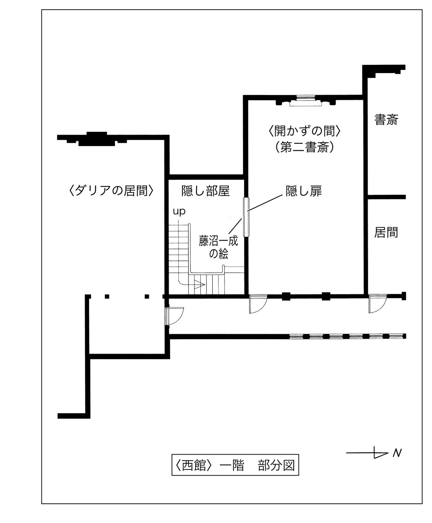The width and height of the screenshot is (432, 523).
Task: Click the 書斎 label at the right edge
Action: [386, 120]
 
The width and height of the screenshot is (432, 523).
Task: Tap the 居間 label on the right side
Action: [386, 232]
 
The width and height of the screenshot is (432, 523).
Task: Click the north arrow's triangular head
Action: [380, 453]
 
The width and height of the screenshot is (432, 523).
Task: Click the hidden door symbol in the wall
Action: [246, 217]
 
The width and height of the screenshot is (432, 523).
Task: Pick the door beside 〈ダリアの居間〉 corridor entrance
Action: [174, 316]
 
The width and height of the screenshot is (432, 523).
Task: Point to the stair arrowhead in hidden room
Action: [199, 286]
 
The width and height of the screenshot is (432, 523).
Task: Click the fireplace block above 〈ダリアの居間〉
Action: [96, 137]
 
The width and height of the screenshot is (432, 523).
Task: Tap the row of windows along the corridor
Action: [347, 336]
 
